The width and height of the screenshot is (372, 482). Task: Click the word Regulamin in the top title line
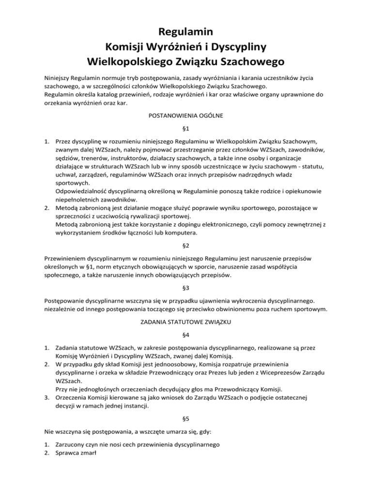(x=186, y=33)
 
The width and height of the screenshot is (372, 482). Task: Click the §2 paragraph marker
(x=186, y=246)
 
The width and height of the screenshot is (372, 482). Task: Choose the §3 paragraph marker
(x=186, y=288)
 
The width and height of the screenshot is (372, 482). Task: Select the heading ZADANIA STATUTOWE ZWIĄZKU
(x=186, y=322)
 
